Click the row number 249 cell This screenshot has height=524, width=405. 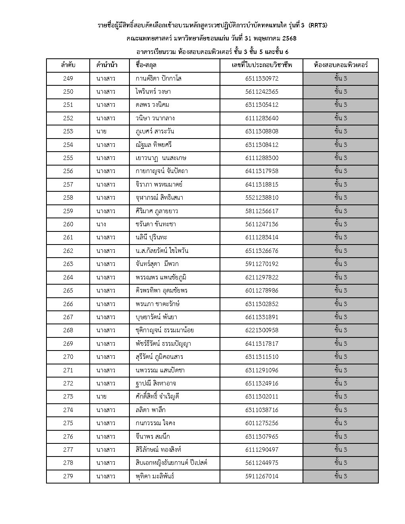[x=68, y=79]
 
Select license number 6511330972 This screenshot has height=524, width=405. [x=262, y=79]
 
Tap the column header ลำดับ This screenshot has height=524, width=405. [x=68, y=65]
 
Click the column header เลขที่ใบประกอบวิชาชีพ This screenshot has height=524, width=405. [x=262, y=65]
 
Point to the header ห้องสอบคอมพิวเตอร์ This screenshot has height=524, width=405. [x=341, y=65]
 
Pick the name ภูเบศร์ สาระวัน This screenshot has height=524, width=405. [x=154, y=131]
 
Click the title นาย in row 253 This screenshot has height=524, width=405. [x=101, y=131]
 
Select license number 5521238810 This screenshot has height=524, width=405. [x=262, y=198]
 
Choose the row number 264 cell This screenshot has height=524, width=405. [x=68, y=277]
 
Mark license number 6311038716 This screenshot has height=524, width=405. [x=262, y=410]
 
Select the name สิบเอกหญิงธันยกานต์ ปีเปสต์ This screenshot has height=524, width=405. [x=171, y=463]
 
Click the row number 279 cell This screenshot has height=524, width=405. [x=68, y=476]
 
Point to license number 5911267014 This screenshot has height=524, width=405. [x=262, y=476]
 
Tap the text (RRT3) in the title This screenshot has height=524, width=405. [x=317, y=26]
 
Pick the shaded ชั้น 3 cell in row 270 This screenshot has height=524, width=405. [x=341, y=357]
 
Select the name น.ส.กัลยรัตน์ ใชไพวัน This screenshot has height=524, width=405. [x=162, y=251]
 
